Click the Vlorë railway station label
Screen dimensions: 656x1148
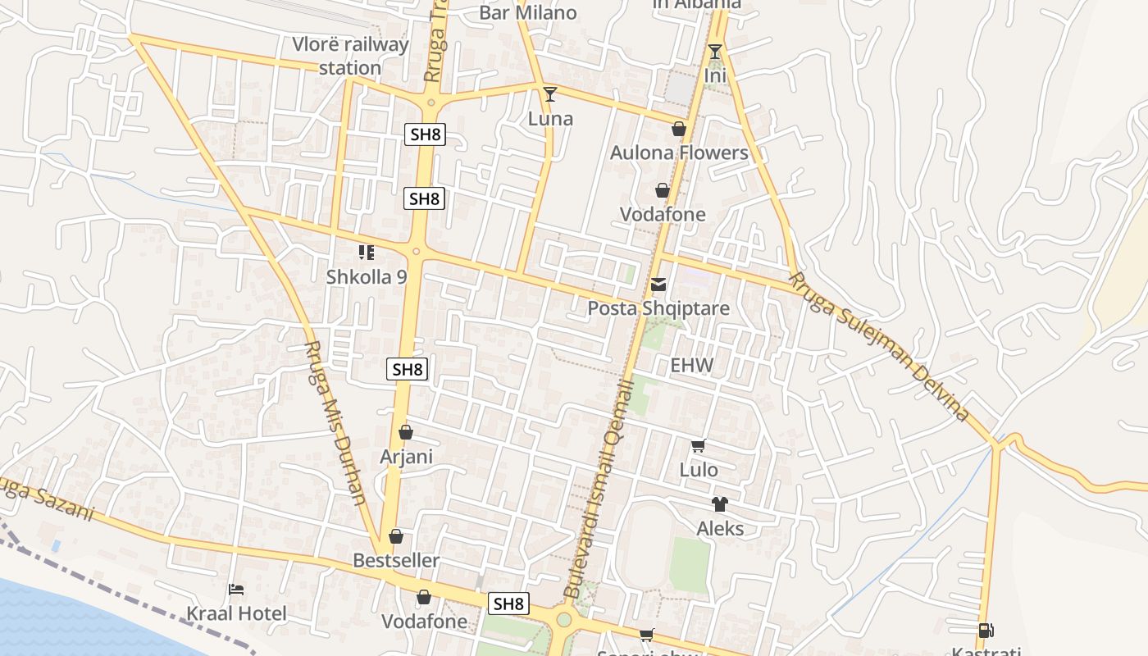click(350, 56)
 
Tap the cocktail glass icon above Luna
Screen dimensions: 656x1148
click(550, 93)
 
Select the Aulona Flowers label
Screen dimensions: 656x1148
click(679, 153)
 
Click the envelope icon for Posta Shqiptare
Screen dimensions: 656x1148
click(658, 285)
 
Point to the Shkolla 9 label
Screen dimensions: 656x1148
click(367, 276)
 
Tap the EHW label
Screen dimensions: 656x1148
click(692, 365)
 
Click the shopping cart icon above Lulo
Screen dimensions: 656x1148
click(698, 446)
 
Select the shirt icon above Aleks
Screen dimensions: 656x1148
click(720, 504)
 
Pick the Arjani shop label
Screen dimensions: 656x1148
click(406, 456)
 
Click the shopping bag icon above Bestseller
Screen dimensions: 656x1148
click(396, 536)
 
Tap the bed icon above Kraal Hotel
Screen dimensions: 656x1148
click(236, 589)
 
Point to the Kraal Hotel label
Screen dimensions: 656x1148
click(236, 613)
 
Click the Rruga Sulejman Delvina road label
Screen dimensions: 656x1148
click(880, 348)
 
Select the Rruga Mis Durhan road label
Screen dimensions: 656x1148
click(335, 422)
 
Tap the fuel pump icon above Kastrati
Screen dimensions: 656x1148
click(986, 631)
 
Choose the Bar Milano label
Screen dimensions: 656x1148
click(528, 12)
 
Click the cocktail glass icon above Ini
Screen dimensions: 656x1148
click(715, 52)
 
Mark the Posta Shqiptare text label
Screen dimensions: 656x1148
click(658, 308)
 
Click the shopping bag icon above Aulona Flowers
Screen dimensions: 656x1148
click(679, 129)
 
